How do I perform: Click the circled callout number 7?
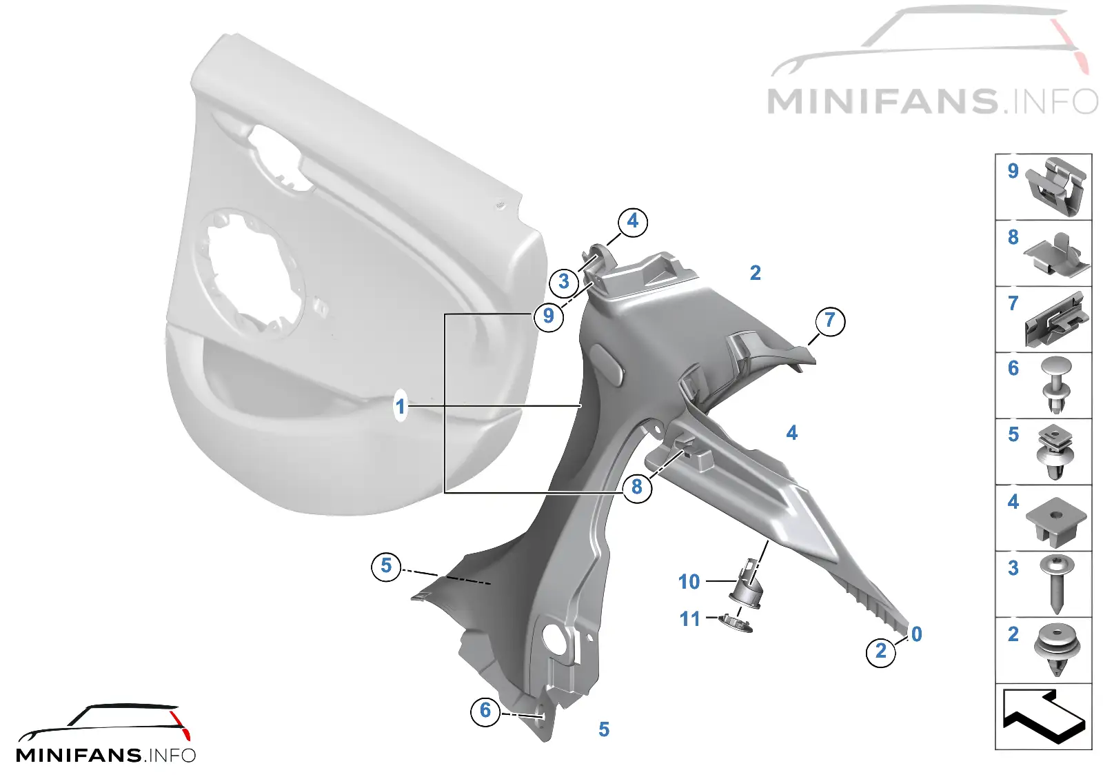pyautogui.click(x=830, y=321)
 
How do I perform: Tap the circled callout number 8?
pyautogui.click(x=637, y=487)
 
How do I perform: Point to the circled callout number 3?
pyautogui.click(x=564, y=282)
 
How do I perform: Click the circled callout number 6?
pyautogui.click(x=485, y=711)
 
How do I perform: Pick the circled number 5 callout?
pyautogui.click(x=386, y=566)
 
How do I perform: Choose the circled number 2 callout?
pyautogui.click(x=881, y=652)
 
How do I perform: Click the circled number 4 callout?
pyautogui.click(x=632, y=221)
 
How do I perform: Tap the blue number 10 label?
pyautogui.click(x=689, y=582)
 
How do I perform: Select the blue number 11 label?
pyautogui.click(x=690, y=619)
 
